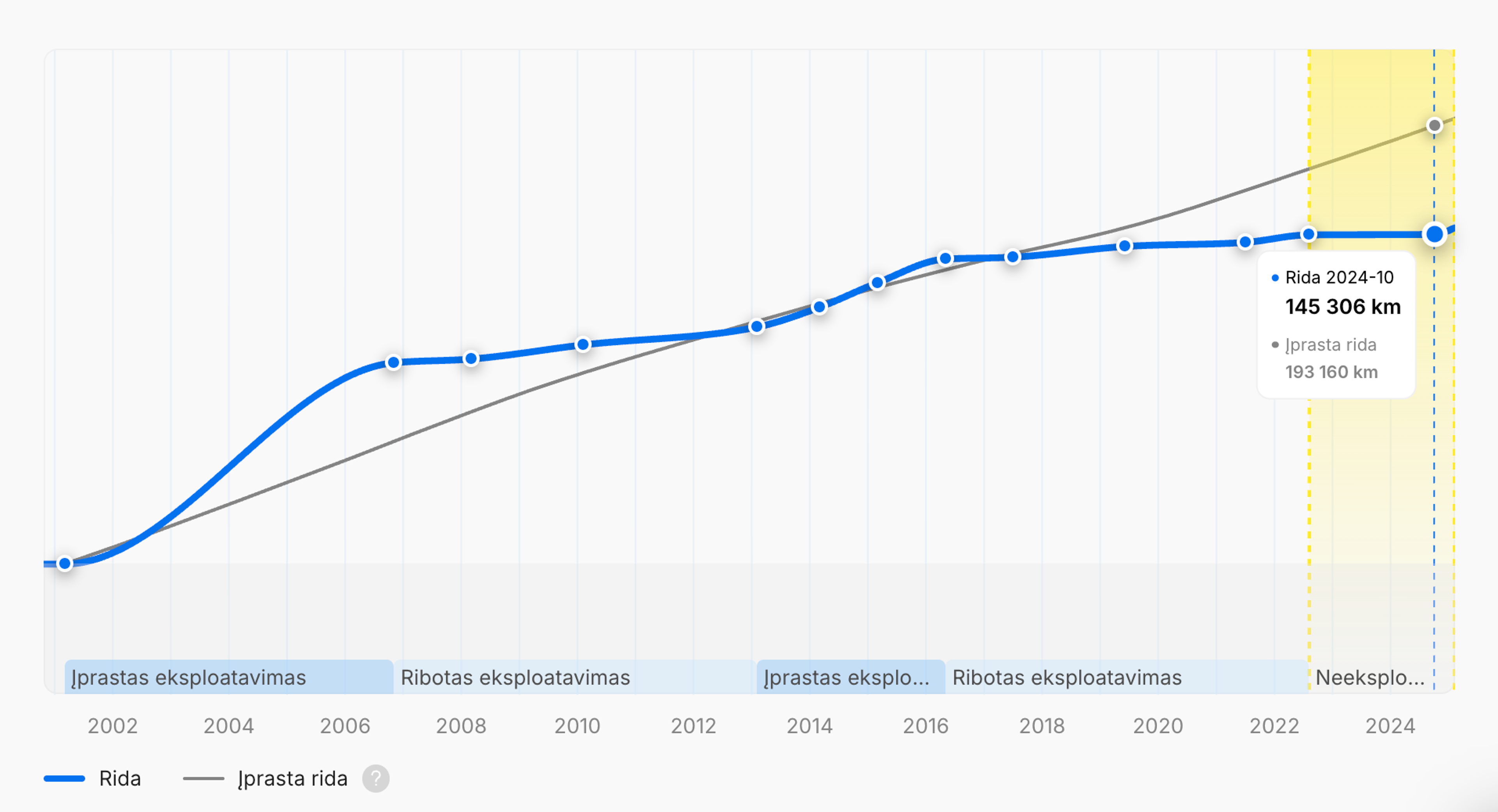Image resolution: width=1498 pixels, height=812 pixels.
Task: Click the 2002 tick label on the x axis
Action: tap(112, 725)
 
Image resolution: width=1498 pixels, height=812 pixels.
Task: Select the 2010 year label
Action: tap(577, 725)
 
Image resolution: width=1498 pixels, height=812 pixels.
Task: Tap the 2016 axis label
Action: tap(925, 725)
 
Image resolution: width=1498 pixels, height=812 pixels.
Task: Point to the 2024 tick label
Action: tap(1390, 725)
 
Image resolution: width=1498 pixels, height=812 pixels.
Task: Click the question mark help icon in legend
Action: tap(376, 778)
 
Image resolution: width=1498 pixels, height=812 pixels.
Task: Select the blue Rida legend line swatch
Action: tap(64, 778)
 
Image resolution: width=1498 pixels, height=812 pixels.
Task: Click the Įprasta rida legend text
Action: tap(293, 778)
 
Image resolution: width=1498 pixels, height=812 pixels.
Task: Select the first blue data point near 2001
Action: tap(65, 563)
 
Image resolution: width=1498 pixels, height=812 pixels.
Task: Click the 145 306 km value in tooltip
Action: tap(1343, 306)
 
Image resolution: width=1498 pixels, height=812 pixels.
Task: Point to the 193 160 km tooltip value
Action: tap(1331, 372)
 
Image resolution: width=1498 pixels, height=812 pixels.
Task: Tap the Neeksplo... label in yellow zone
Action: tap(1370, 677)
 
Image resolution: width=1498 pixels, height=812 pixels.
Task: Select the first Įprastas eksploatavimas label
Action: tap(188, 677)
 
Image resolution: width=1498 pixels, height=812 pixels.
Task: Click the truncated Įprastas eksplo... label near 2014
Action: tap(846, 677)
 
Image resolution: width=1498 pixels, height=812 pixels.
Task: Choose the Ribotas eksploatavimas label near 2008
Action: tap(515, 677)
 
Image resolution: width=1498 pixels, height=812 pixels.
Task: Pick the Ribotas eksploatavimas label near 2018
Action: tap(1067, 677)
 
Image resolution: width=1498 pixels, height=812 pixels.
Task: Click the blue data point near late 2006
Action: tap(394, 363)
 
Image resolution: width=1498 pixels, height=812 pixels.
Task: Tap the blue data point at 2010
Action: tap(583, 345)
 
